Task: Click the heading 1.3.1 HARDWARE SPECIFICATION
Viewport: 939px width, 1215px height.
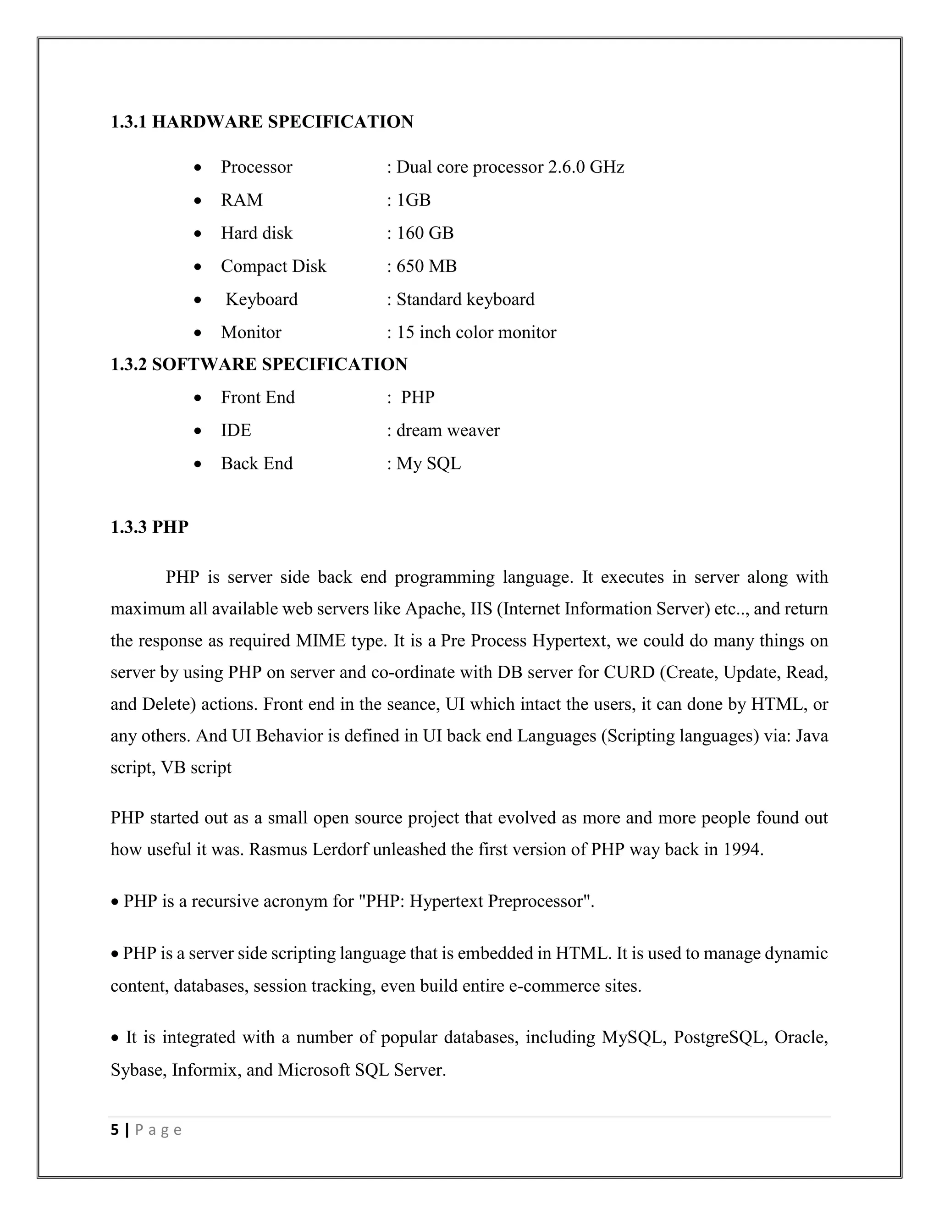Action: [261, 122]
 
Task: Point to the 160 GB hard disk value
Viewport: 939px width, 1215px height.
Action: [425, 232]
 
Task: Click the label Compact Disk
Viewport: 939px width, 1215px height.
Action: [273, 266]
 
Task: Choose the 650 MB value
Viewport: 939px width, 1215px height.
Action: [426, 266]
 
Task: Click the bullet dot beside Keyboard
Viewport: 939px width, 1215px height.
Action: [198, 300]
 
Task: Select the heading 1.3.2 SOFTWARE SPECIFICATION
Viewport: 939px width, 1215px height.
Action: [259, 364]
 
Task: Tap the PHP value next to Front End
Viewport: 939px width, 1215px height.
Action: [418, 397]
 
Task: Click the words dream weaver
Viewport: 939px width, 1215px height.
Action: [448, 430]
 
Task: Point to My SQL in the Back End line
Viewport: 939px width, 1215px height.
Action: [428, 464]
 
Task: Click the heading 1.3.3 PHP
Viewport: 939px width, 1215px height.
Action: [149, 527]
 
